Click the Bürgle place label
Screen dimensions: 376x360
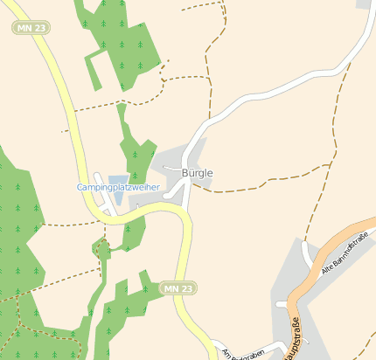[197, 173]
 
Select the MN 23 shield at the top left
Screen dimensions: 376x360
[31, 28]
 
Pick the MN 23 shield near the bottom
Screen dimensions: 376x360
[178, 287]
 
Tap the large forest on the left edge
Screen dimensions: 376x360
[17, 227]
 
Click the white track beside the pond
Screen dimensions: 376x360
[102, 197]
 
